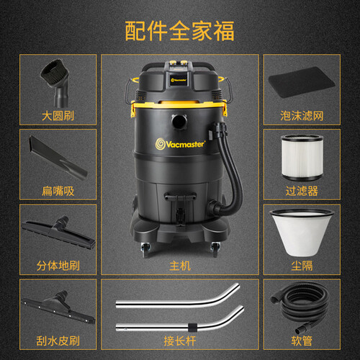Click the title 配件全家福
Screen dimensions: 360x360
point(179,31)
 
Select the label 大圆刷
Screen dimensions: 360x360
point(58,116)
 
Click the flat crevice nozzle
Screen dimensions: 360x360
point(58,157)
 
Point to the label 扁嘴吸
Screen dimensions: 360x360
point(58,191)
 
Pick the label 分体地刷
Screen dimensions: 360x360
point(58,266)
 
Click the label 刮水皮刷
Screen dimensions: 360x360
point(58,341)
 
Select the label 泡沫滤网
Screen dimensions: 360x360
point(302,116)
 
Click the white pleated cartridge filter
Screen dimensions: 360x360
point(302,158)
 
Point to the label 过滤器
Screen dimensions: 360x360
point(302,191)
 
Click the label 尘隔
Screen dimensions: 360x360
point(302,266)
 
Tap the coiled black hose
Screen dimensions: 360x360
point(301,307)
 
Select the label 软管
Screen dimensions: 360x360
point(302,341)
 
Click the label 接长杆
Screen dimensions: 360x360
point(180,341)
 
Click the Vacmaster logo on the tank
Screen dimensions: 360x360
point(180,144)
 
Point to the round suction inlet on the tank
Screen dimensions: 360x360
point(179,122)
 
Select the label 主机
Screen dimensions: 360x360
point(180,266)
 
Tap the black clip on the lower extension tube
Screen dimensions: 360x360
point(192,328)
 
